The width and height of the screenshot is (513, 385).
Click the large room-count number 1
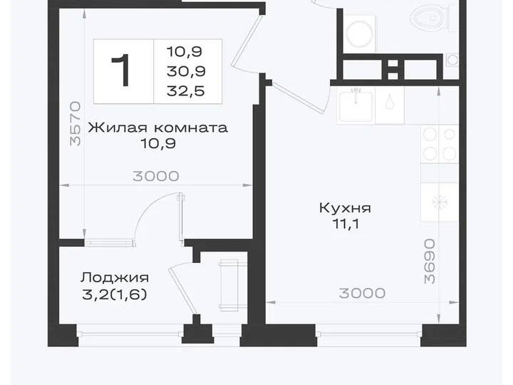pos(123,71)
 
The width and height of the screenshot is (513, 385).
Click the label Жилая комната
pos(157,128)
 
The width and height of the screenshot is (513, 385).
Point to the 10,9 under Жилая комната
pos(158,144)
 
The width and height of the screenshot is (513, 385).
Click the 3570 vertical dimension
pos(76,124)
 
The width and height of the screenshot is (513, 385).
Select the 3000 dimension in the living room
pos(156,176)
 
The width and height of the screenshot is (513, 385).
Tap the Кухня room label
pos(345,208)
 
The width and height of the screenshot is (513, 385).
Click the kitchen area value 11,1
pos(345,224)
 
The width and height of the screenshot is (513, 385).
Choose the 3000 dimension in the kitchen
pos(362,293)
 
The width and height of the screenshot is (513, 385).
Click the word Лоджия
pos(115,278)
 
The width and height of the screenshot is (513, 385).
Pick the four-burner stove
pos(440,144)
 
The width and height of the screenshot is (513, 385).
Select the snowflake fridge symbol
pos(440,202)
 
